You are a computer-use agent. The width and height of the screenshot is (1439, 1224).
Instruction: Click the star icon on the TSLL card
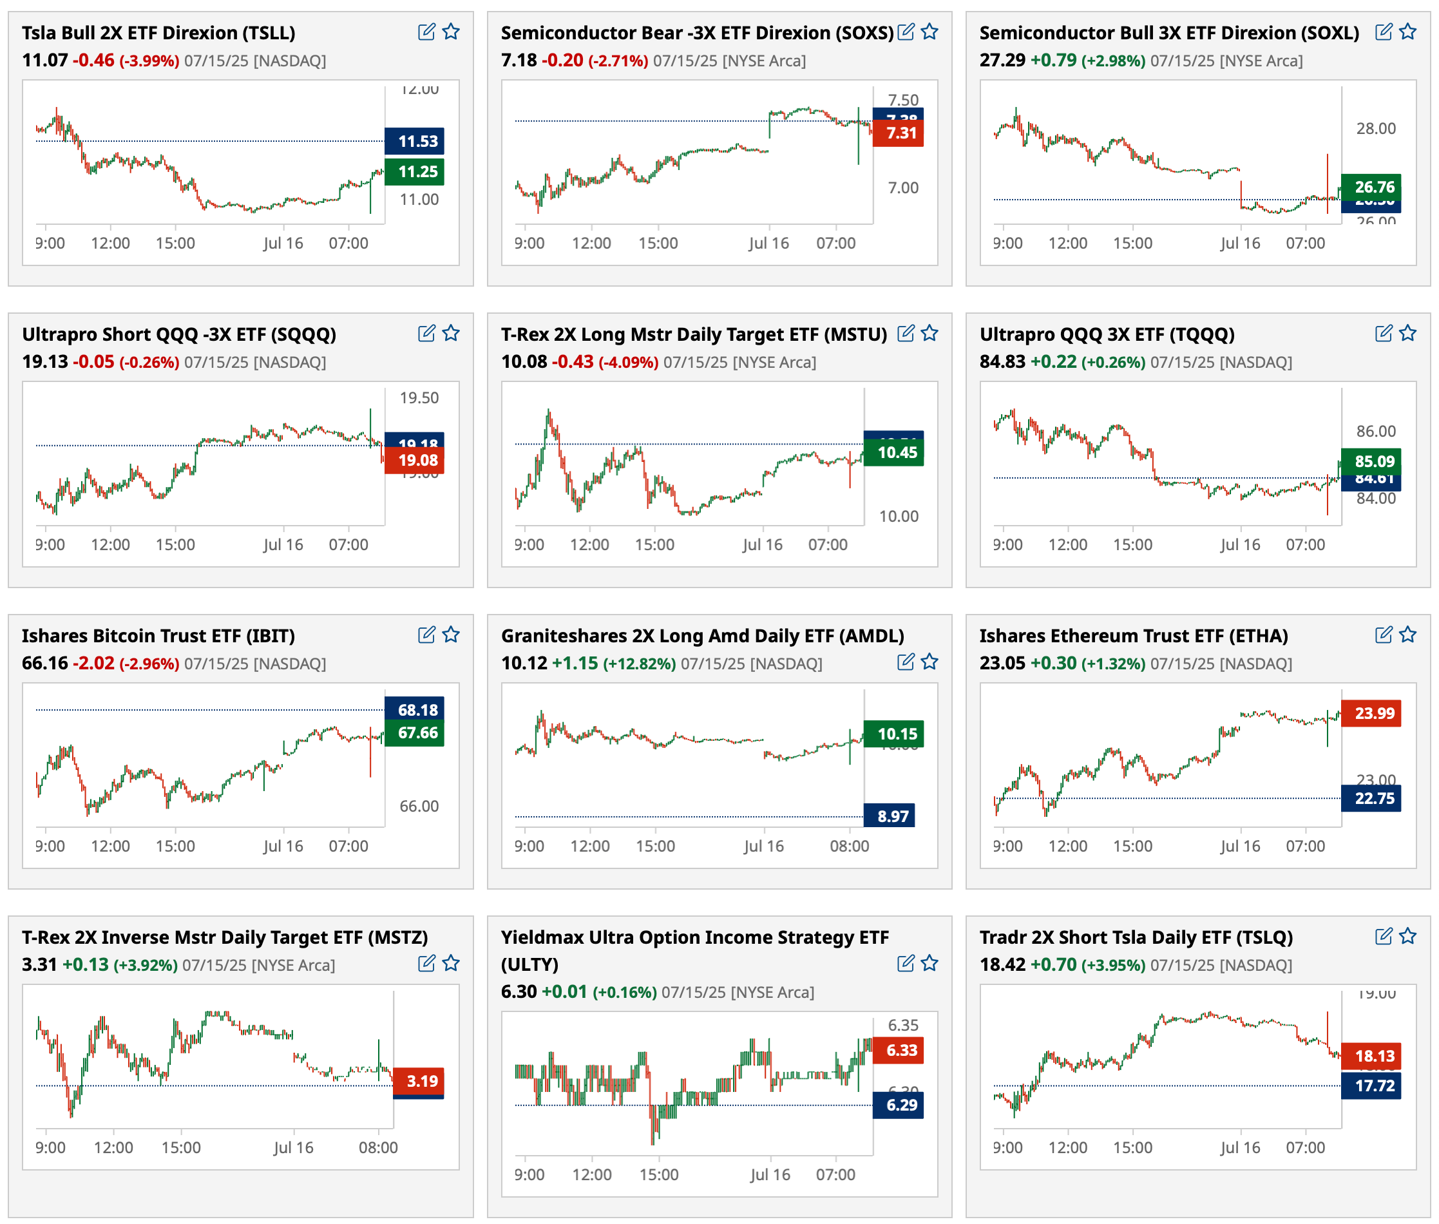451,32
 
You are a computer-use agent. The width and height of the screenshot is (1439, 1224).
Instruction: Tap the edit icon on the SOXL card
1383,32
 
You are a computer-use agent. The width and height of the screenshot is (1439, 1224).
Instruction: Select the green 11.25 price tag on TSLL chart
414,172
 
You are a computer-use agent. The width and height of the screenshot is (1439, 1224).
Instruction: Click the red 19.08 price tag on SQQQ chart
414,460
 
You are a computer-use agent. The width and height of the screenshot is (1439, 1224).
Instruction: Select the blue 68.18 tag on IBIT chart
414,710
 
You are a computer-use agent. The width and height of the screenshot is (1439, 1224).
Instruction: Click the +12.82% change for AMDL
639,664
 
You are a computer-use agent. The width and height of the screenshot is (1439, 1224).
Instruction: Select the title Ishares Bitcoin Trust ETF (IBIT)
158,636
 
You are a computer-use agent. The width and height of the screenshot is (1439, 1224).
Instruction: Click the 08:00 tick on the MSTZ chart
378,1148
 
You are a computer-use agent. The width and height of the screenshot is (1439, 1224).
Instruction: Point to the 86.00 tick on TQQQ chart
1376,431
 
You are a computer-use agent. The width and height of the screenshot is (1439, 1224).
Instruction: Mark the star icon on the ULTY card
929,963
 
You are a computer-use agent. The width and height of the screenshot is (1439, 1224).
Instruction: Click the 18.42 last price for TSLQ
1002,964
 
